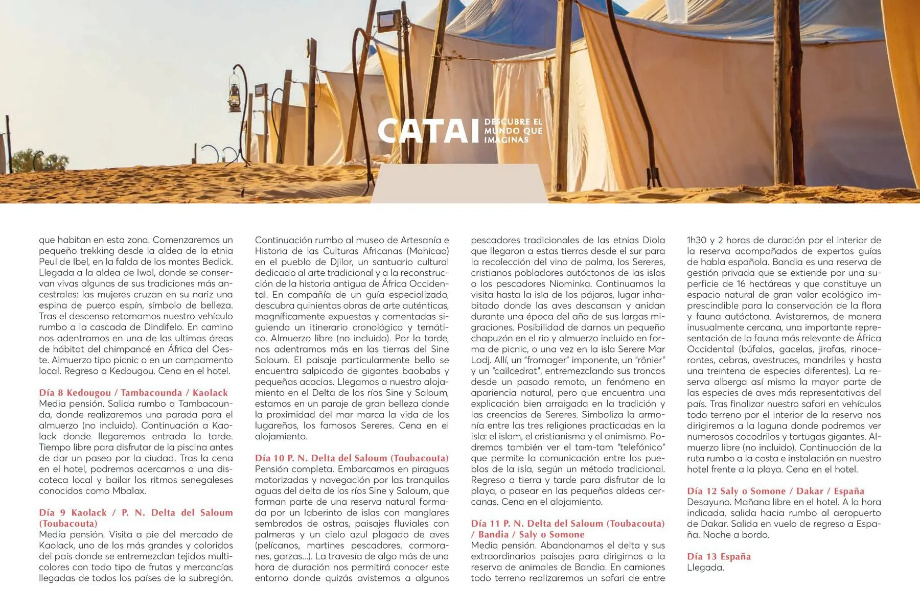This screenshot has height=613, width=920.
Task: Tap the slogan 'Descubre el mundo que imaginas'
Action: point(513,131)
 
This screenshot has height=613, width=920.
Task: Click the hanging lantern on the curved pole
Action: point(235,96)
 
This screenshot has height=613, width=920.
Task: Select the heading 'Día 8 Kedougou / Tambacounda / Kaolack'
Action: point(133,393)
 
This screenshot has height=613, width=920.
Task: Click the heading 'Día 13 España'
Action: point(719,557)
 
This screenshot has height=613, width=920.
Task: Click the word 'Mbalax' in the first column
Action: point(130,491)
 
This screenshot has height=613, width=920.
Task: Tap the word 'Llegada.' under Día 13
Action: point(705,568)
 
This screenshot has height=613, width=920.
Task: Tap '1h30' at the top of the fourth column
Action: point(696,240)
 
